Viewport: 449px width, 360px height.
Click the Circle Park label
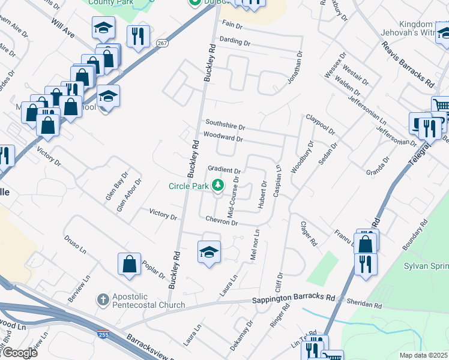click(x=187, y=186)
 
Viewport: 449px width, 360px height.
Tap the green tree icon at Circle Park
click(x=218, y=185)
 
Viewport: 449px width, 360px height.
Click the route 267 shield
click(x=163, y=43)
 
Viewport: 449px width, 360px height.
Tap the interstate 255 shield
click(x=104, y=334)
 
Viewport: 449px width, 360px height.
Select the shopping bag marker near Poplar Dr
click(x=129, y=264)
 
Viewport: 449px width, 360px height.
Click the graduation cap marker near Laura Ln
click(x=209, y=252)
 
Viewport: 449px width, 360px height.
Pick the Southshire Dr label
click(x=225, y=127)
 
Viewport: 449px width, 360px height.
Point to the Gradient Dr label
click(x=224, y=170)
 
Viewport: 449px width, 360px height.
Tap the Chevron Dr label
click(x=223, y=222)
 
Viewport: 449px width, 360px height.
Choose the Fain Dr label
click(x=232, y=26)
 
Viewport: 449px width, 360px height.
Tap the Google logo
click(x=20, y=353)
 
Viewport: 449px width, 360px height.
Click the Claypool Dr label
click(x=321, y=125)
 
